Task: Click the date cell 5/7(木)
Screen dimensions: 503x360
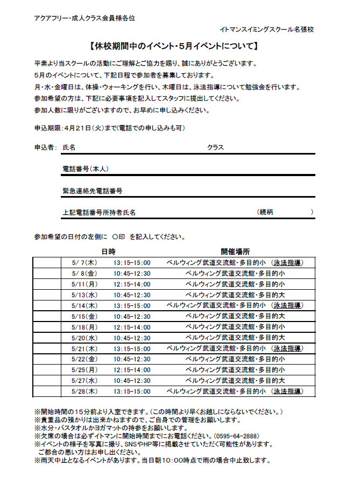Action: pyautogui.click(x=83, y=263)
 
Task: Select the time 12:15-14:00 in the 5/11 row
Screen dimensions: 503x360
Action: pyautogui.click(x=132, y=284)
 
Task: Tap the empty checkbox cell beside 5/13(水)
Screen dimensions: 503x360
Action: pyautogui.click(x=47, y=295)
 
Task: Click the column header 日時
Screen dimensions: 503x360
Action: pyautogui.click(x=108, y=251)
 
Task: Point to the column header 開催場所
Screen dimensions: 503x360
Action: pyautogui.click(x=235, y=251)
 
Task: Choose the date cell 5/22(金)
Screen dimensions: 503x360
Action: pyautogui.click(x=83, y=359)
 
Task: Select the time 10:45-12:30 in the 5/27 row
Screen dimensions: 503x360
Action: pyautogui.click(x=132, y=381)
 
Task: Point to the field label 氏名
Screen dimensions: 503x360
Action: pyautogui.click(x=69, y=148)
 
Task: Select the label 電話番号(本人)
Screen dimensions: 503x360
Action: pyautogui.click(x=86, y=169)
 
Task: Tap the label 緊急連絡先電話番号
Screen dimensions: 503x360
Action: pyautogui.click(x=93, y=191)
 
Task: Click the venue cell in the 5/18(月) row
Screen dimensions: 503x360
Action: pyautogui.click(x=235, y=327)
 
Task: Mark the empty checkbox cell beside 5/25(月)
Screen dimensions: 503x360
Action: pyautogui.click(x=47, y=370)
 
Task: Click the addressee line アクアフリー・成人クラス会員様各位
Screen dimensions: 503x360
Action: pyautogui.click(x=84, y=18)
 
